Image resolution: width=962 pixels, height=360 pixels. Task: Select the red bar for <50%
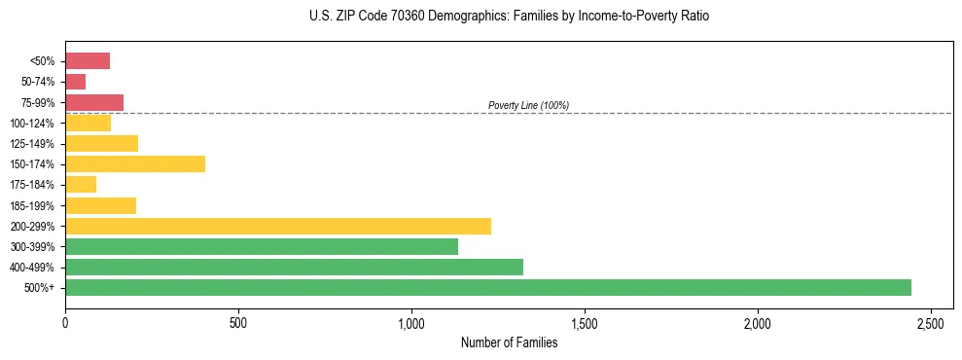[x=88, y=60]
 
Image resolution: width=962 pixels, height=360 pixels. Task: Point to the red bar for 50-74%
[x=76, y=82]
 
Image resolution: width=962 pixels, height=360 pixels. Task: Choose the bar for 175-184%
[x=81, y=184]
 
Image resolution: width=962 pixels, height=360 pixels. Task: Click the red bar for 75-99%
[x=94, y=102]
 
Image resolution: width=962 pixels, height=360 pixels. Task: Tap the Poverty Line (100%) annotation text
[x=528, y=105]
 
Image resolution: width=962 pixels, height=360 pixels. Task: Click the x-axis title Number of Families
[x=509, y=342]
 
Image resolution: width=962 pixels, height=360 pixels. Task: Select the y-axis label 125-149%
[x=32, y=143]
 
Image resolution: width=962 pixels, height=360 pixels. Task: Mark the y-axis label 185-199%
[x=32, y=205]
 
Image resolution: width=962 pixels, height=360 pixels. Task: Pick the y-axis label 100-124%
[x=32, y=123]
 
